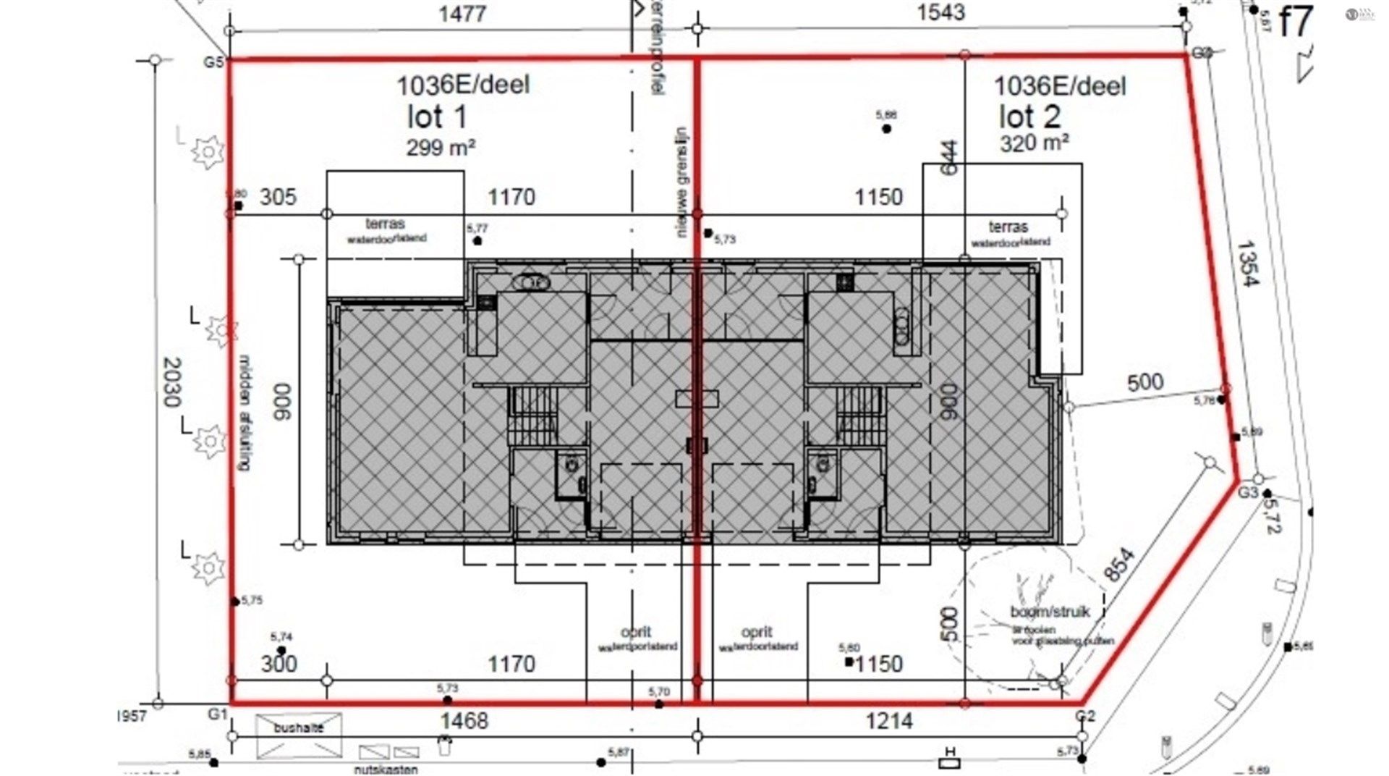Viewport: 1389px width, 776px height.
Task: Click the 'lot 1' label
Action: click(437, 117)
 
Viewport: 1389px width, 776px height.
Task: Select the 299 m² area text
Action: click(440, 148)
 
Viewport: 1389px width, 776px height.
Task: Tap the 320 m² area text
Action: click(1035, 143)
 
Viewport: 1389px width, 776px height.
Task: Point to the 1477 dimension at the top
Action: click(462, 14)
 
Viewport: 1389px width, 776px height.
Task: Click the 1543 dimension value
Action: click(940, 12)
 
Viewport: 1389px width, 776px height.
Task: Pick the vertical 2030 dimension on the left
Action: click(172, 381)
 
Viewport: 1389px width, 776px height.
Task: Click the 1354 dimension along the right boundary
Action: click(1246, 264)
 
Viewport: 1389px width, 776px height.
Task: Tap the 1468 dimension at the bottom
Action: click(464, 721)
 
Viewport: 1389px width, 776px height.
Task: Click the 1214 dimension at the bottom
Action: click(888, 721)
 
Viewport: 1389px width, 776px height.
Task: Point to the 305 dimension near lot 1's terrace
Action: click(278, 197)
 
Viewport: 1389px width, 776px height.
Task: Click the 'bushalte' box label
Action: click(298, 729)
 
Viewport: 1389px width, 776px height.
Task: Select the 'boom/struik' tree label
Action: click(1049, 612)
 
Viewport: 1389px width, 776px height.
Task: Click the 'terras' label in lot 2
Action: click(1008, 227)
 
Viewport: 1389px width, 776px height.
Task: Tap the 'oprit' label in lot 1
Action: click(637, 633)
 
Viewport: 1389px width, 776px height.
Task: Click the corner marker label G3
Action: click(1248, 493)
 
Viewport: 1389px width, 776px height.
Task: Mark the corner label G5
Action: click(213, 62)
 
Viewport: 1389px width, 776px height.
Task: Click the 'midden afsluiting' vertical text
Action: click(244, 413)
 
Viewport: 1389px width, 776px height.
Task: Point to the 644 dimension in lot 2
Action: click(949, 157)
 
